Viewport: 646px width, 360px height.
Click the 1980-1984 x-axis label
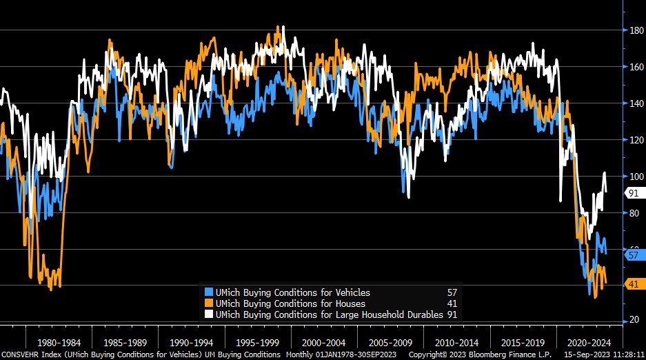coord(58,342)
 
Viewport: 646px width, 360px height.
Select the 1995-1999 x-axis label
coord(257,342)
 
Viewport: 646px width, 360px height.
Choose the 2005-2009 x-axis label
coord(390,342)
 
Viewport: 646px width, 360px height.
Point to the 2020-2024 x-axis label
coord(589,342)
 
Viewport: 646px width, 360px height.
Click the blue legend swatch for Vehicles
coord(209,292)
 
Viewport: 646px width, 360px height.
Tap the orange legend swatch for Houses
coord(209,303)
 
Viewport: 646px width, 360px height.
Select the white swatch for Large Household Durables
coord(209,314)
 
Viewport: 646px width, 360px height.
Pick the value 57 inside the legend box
coord(452,292)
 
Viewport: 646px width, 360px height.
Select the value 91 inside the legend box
coord(452,314)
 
